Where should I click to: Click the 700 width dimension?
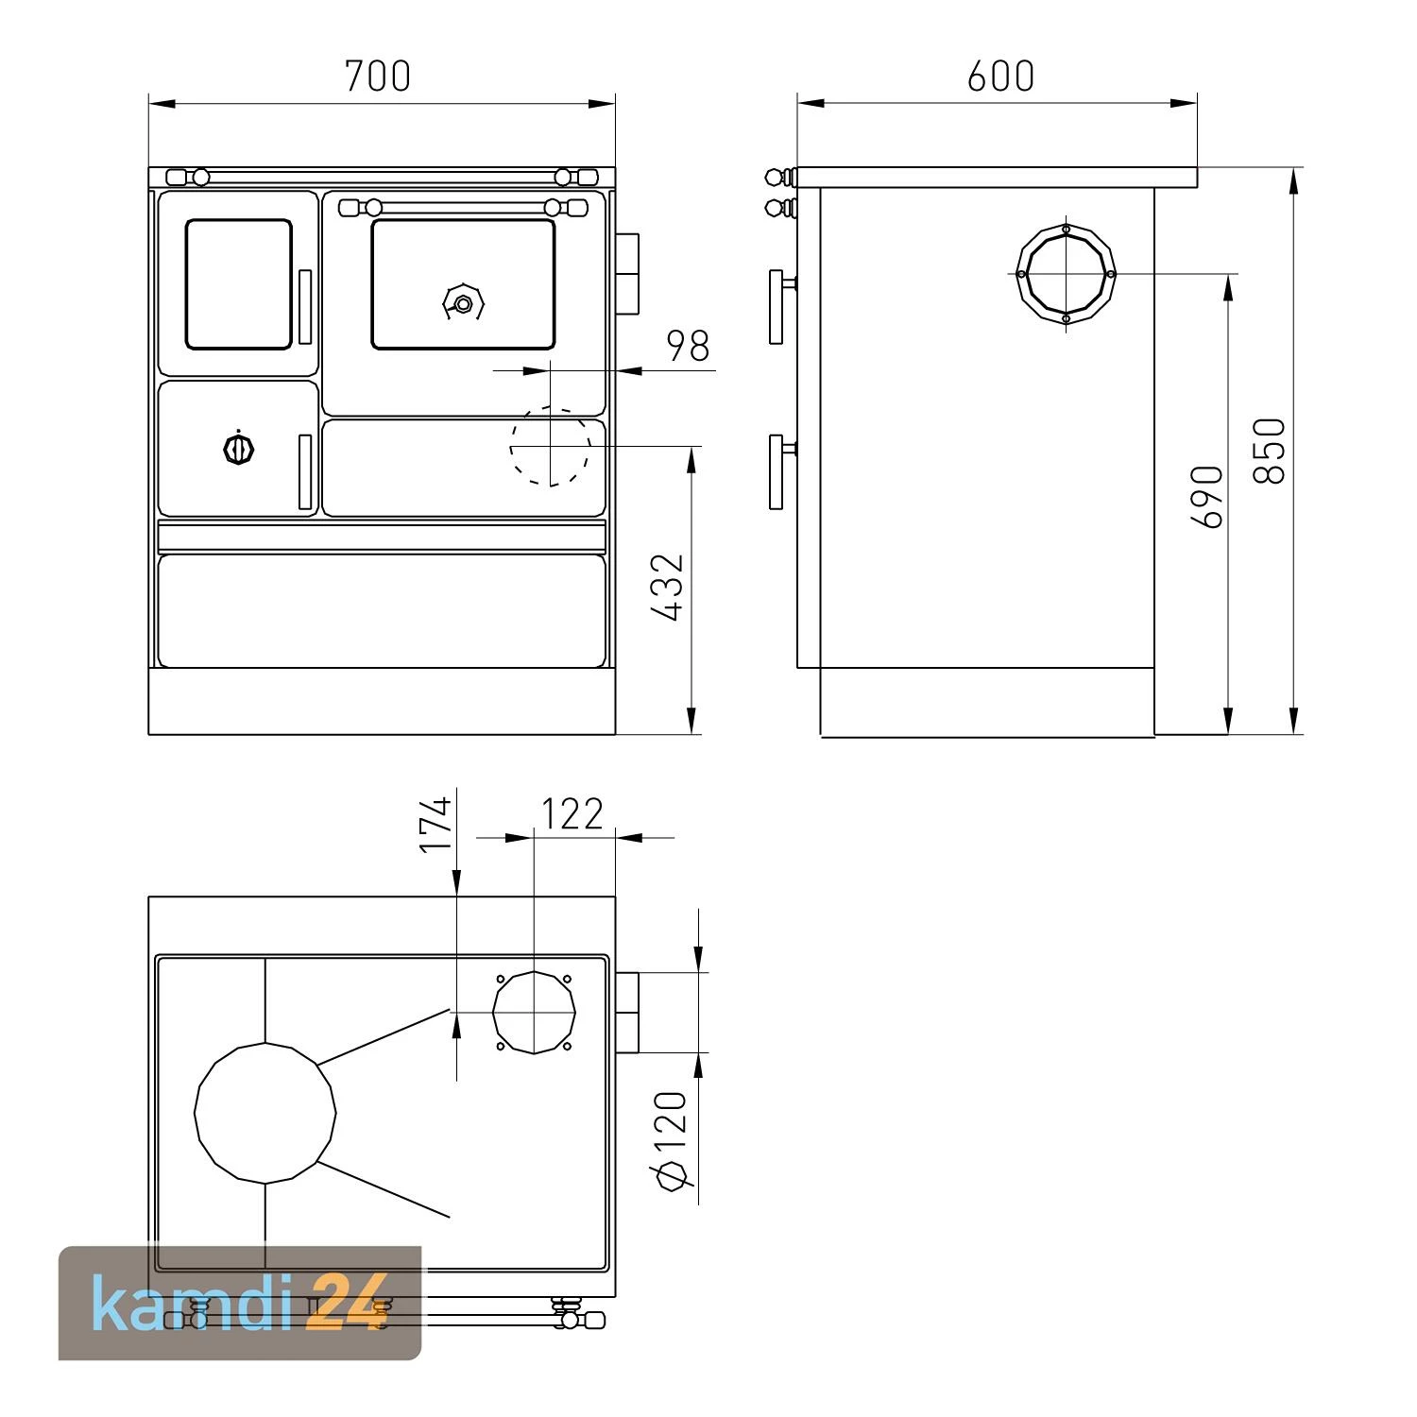378,76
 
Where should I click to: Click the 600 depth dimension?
1000,76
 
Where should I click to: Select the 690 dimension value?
1207,496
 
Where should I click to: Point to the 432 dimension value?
668,588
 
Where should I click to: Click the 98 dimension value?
689,346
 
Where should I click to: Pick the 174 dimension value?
436,824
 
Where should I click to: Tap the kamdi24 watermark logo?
240,1304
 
